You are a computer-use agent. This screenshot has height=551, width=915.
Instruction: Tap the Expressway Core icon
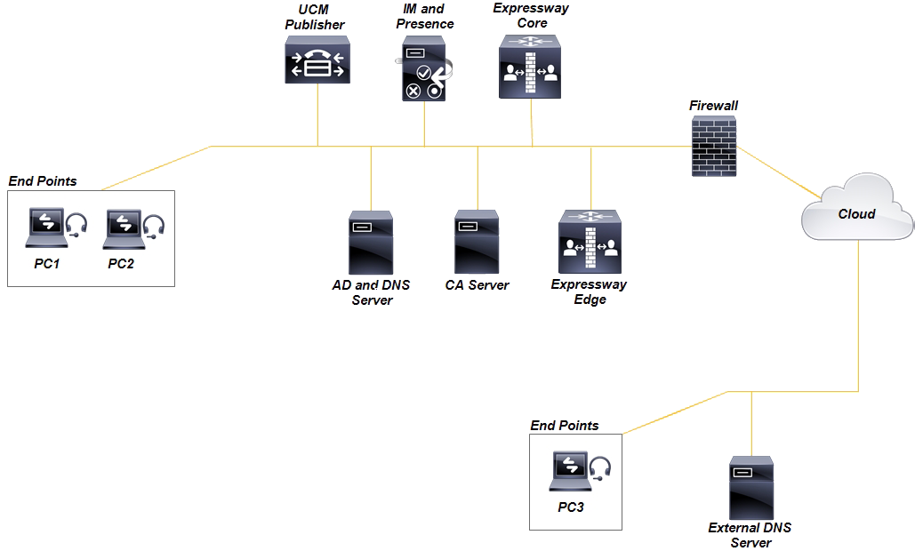pyautogui.click(x=532, y=67)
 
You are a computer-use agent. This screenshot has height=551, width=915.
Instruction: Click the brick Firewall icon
pyautogui.click(x=715, y=147)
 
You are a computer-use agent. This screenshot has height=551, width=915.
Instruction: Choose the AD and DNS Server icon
pyautogui.click(x=371, y=242)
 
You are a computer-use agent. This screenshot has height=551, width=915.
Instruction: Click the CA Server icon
pyautogui.click(x=477, y=242)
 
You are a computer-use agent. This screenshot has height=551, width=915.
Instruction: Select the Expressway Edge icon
pyautogui.click(x=589, y=242)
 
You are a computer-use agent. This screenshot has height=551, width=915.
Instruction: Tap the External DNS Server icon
pyautogui.click(x=751, y=488)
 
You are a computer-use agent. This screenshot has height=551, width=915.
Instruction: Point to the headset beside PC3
pyautogui.click(x=601, y=467)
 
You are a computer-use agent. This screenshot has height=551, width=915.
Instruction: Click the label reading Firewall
pyautogui.click(x=713, y=106)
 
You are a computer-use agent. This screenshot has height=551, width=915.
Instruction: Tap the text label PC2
pyautogui.click(x=121, y=263)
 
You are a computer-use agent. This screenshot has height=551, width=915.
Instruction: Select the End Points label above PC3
pyautogui.click(x=564, y=426)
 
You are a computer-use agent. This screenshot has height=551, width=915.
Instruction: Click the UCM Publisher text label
pyautogui.click(x=314, y=17)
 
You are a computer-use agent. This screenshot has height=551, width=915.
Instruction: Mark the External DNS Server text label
pyautogui.click(x=750, y=535)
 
